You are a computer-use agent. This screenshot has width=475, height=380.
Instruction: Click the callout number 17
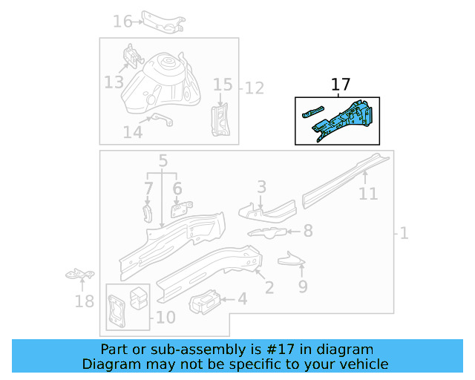point(341,85)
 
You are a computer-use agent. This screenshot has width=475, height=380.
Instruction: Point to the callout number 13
point(114,82)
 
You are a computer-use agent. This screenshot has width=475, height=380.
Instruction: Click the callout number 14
point(132,132)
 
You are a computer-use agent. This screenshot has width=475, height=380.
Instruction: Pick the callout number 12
point(255,89)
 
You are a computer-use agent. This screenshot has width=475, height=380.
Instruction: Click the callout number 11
point(368,194)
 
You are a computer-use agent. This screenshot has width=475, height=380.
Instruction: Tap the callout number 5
point(163,160)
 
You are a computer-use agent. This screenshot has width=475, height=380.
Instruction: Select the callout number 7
point(148,189)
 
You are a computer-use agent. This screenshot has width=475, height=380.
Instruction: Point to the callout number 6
point(177,189)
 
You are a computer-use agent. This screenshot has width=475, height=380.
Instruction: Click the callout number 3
point(261,186)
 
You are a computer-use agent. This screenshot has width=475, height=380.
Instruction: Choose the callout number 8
point(308,232)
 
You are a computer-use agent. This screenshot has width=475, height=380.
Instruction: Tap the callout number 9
point(303,285)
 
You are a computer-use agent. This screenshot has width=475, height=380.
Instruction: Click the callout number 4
point(242,299)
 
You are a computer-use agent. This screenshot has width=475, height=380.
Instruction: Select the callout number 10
point(166,318)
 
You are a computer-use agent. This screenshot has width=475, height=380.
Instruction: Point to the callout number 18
point(85,301)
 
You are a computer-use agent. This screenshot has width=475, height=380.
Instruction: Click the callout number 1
point(404,235)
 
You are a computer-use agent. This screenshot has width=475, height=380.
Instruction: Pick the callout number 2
point(269,286)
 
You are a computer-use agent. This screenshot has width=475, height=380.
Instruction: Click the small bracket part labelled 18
point(79,275)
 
